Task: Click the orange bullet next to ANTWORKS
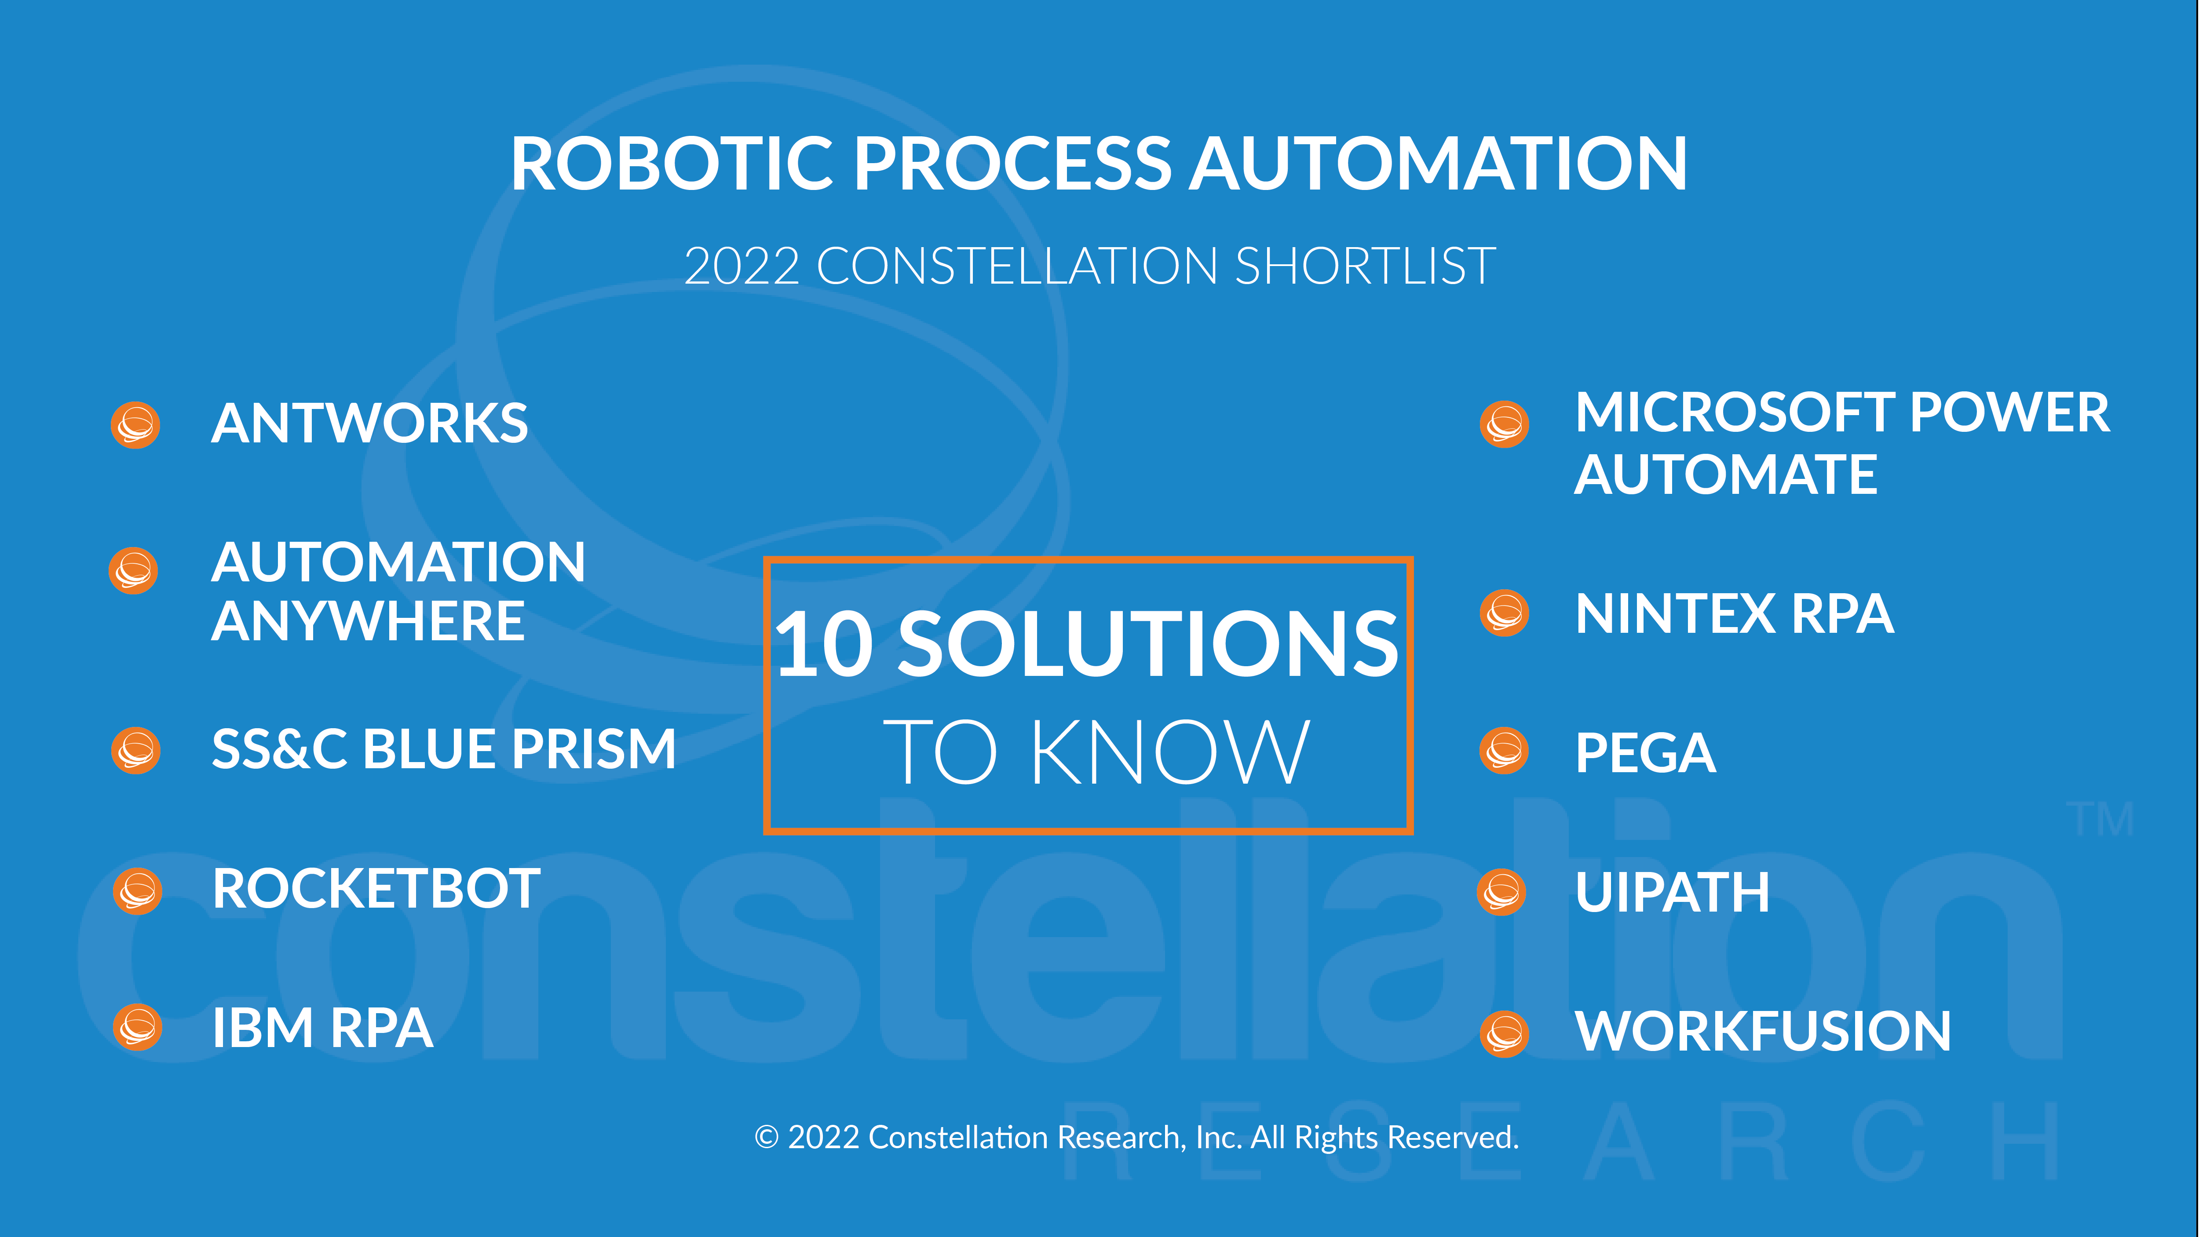(135, 424)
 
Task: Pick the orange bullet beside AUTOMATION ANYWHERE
(133, 570)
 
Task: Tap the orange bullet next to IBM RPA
(137, 1027)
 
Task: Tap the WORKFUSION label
(1763, 1031)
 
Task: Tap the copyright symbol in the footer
(767, 1137)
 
